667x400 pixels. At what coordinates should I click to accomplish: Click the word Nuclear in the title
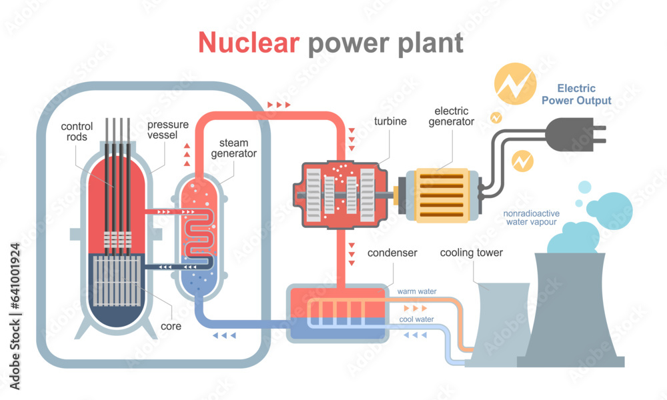pos(249,42)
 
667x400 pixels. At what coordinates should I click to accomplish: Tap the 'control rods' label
pos(77,131)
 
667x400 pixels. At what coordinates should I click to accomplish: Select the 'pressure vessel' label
pos(167,130)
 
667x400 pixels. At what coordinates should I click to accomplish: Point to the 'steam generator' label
pos(233,148)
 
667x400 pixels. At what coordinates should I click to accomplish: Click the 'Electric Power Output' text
pos(576,94)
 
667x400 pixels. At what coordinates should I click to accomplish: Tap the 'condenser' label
pos(393,253)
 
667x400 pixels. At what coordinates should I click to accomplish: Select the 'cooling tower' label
pos(472,253)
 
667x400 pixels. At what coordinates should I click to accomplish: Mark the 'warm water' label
pos(416,291)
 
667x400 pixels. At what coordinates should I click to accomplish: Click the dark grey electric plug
pos(574,133)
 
